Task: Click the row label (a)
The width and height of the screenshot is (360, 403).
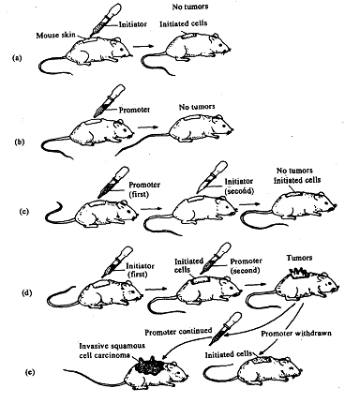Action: [17, 58]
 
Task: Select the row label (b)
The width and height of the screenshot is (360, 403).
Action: [20, 142]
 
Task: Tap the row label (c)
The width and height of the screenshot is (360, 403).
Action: [24, 211]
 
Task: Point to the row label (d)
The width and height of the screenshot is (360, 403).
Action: [27, 293]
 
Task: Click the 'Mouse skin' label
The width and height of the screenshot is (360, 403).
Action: [55, 35]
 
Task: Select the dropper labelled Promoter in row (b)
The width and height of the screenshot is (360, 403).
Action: [110, 100]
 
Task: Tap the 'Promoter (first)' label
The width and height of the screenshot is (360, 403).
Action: [144, 189]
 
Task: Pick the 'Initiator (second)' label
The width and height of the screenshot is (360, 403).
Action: [239, 186]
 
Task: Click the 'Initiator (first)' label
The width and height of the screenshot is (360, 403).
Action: [140, 270]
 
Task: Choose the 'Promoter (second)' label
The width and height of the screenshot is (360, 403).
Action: [246, 265]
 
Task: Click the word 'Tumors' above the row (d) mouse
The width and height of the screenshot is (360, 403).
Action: [299, 258]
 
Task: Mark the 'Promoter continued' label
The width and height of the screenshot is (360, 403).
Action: [178, 332]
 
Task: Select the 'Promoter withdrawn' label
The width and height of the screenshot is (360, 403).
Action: [296, 334]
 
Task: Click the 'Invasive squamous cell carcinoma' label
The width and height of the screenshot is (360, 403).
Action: [112, 351]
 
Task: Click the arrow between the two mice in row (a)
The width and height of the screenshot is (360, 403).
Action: [143, 46]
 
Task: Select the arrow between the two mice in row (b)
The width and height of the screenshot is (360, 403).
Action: [148, 127]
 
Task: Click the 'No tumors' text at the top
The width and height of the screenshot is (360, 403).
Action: [190, 7]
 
